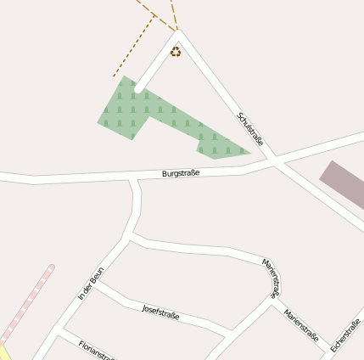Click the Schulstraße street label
(252, 130)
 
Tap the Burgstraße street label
(180, 173)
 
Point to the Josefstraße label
(160, 312)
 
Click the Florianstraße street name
(96, 350)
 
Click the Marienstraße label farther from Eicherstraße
(271, 277)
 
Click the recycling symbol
(175, 52)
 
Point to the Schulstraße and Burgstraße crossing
(272, 159)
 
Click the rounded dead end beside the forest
(138, 88)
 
